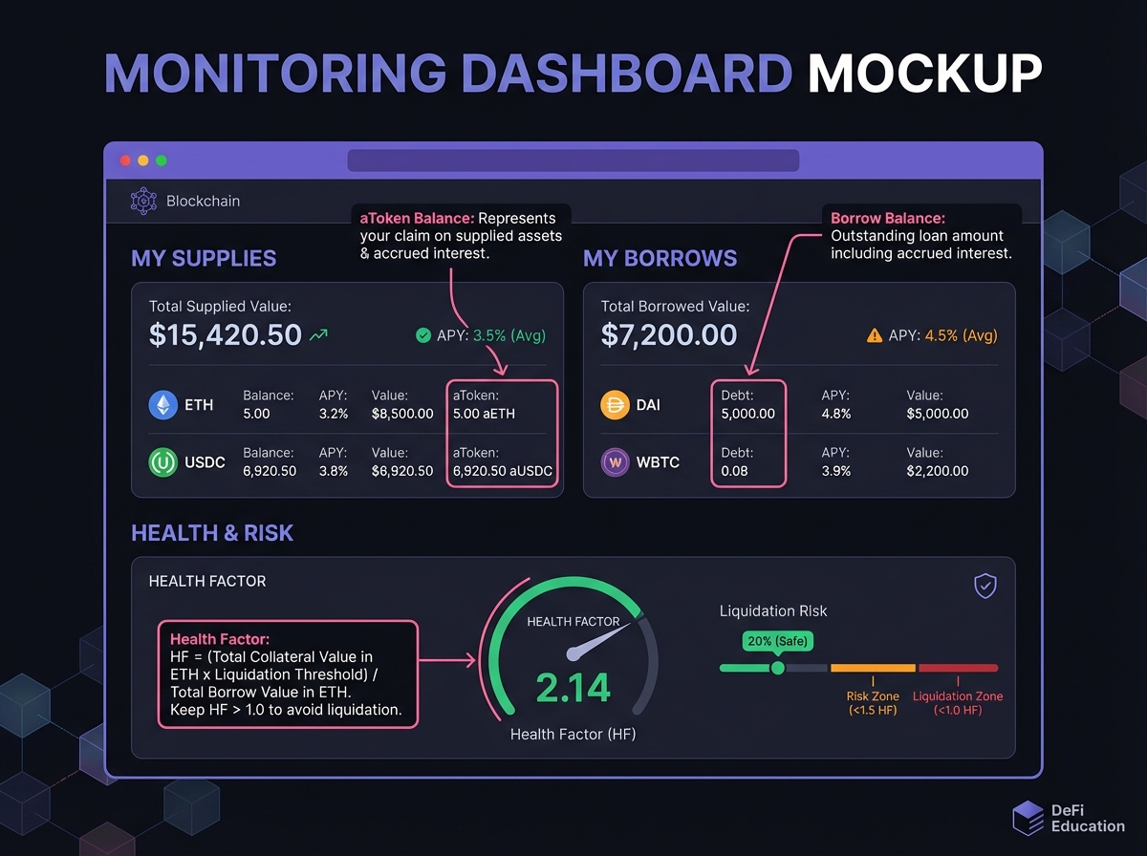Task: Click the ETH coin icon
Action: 163,405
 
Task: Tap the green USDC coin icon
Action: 163,462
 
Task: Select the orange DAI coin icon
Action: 615,405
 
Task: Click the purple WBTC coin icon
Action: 615,462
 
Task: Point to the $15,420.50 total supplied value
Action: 226,334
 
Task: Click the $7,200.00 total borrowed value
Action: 669,334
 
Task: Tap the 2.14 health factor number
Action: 573,688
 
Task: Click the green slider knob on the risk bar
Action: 778,668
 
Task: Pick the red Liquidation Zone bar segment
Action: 958,668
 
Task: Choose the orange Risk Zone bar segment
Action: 873,668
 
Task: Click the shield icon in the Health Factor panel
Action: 985,586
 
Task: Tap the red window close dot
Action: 123,160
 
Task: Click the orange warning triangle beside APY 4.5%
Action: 874,335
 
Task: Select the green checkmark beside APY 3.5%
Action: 423,335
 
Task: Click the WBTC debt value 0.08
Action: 735,471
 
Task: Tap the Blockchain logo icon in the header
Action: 143,202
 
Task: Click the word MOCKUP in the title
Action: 924,74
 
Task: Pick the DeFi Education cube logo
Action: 1028,818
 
